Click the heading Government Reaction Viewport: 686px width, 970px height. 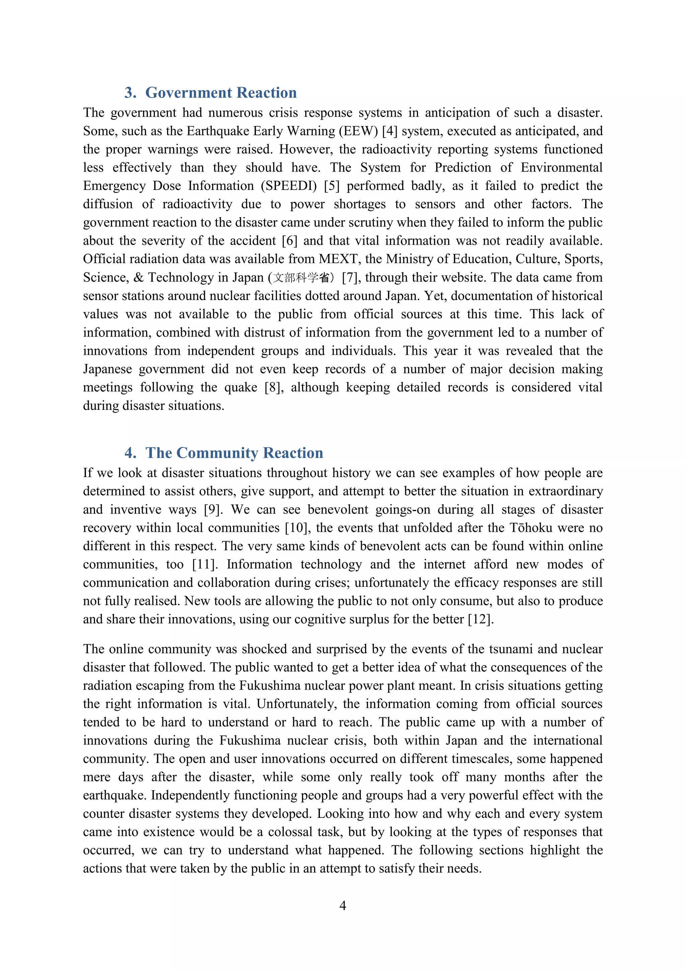[x=221, y=92]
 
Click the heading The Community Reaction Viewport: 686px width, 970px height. [x=234, y=453]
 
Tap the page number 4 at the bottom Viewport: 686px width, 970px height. [x=343, y=905]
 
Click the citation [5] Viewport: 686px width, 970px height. [x=332, y=186]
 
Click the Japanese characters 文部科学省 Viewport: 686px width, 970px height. [x=301, y=278]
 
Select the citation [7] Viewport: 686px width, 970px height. [x=350, y=278]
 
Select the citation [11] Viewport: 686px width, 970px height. [x=205, y=564]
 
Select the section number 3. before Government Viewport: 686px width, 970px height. [x=130, y=92]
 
